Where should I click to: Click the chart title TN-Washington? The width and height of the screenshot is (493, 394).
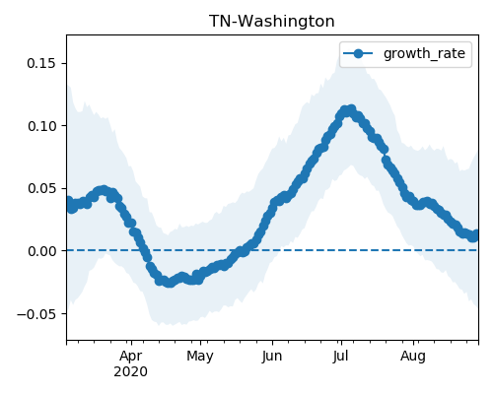[272, 22]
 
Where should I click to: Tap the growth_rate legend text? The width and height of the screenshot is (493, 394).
[424, 53]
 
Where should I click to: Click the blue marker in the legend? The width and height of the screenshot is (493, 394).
[358, 53]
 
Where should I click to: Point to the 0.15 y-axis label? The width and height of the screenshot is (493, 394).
[41, 63]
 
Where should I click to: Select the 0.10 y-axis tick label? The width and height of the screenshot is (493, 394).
[41, 126]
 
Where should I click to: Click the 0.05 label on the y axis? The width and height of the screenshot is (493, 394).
[41, 188]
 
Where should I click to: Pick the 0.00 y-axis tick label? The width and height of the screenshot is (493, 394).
[41, 251]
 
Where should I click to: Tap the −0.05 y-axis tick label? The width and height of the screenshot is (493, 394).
[36, 314]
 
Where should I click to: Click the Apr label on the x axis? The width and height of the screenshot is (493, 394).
[131, 357]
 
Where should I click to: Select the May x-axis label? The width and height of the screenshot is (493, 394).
[200, 357]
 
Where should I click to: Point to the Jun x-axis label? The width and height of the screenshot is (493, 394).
[272, 357]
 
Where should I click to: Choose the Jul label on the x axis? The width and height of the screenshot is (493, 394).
[340, 357]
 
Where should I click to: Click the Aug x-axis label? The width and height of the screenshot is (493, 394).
[413, 357]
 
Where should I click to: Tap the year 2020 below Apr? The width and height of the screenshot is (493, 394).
[130, 372]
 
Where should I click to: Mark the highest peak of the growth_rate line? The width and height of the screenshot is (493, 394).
[351, 109]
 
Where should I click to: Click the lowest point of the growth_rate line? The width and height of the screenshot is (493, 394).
[170, 283]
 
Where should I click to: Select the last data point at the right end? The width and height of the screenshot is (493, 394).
[475, 234]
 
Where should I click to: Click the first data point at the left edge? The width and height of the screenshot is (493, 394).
[68, 201]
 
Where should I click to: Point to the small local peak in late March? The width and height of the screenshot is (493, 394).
[104, 190]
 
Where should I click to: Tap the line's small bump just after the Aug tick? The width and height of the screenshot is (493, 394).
[427, 202]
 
